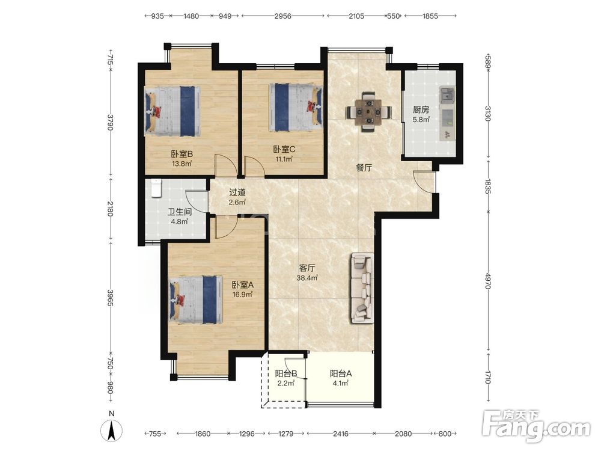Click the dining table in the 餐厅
[369, 112]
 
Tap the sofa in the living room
[362, 288]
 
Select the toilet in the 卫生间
[156, 188]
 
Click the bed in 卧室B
[172, 111]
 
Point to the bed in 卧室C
[296, 107]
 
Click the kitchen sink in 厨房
[447, 96]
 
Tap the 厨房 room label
[421, 109]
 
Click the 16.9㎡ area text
[242, 295]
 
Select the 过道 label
[237, 192]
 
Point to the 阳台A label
[341, 373]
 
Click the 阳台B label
[286, 373]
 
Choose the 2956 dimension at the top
[282, 16]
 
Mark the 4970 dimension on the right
[488, 281]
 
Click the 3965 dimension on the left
[111, 298]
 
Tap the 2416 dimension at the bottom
[340, 434]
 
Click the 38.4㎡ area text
[307, 278]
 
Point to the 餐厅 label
[364, 168]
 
